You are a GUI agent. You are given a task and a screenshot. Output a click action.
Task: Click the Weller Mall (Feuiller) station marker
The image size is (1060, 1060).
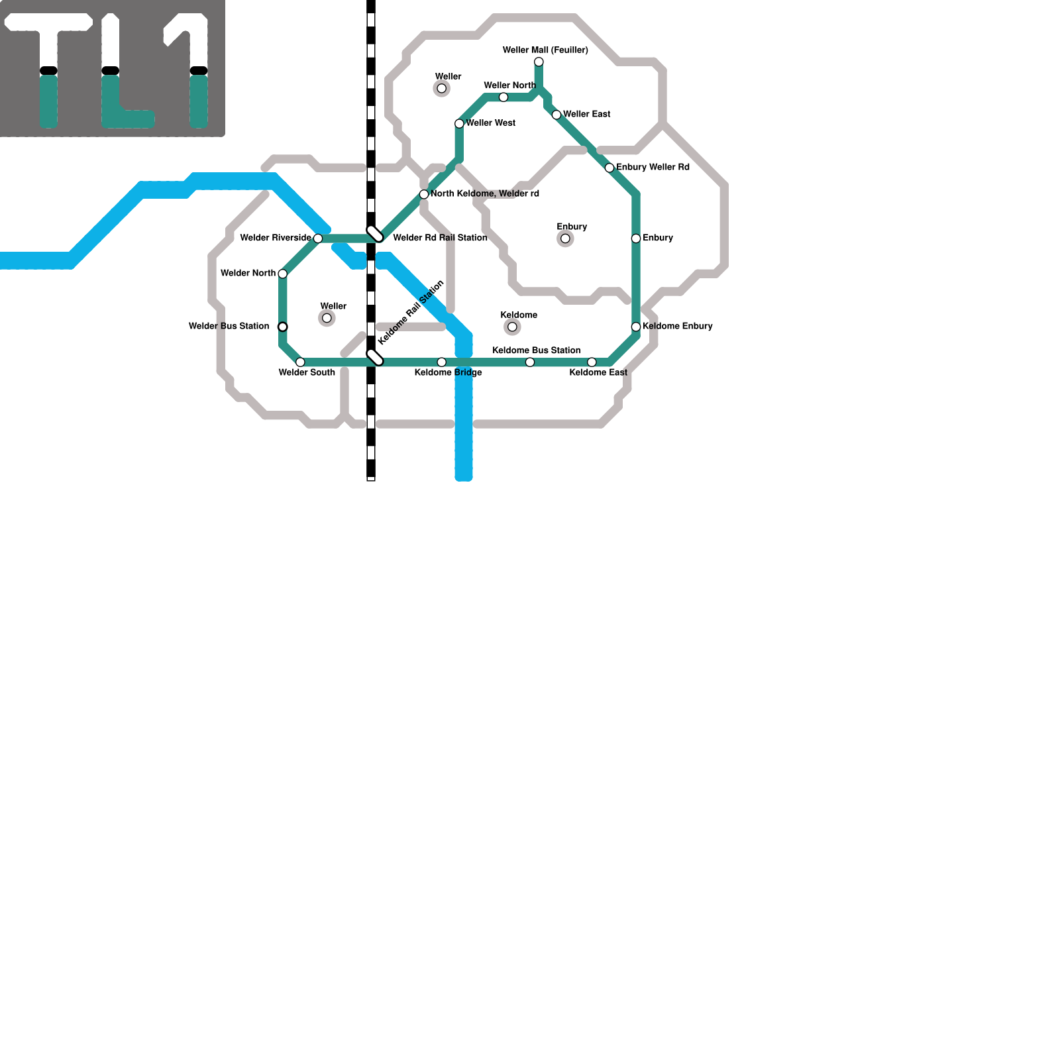[x=539, y=62]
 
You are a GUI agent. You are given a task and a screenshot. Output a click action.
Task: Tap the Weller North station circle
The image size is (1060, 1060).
[x=503, y=97]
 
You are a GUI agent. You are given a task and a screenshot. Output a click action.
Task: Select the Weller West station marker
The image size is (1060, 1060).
[x=459, y=124]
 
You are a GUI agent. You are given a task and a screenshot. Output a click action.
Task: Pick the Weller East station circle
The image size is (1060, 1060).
[x=556, y=115]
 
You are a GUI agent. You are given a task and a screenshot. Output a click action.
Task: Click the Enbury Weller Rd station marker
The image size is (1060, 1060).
[x=609, y=168]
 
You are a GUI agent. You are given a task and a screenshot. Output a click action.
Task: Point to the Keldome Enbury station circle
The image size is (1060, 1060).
[x=636, y=327]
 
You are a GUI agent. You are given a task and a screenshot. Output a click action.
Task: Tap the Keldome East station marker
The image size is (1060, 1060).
[x=592, y=362]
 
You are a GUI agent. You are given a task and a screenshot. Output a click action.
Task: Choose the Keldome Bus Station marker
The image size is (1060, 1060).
[x=530, y=362]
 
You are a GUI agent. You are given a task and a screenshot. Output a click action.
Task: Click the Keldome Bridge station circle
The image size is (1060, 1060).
[x=442, y=362]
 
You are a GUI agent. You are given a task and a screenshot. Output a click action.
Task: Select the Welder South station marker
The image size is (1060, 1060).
[x=300, y=362]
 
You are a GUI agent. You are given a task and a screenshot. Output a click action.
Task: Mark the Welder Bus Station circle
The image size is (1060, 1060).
[x=283, y=327]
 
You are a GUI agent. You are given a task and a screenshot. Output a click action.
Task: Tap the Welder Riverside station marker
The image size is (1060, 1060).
[x=318, y=238]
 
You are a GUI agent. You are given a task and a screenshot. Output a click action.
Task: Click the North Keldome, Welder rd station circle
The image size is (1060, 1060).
[x=424, y=194]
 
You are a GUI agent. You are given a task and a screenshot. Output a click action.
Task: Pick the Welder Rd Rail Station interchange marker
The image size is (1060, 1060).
[x=375, y=233]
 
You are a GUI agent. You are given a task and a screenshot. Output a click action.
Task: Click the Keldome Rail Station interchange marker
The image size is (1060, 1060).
[x=375, y=357]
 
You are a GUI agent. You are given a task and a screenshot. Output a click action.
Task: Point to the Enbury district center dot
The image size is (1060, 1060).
[x=565, y=238]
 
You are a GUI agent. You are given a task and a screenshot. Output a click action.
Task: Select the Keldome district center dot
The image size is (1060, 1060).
[x=512, y=327]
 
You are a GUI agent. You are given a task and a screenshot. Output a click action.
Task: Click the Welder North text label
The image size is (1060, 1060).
[x=248, y=273]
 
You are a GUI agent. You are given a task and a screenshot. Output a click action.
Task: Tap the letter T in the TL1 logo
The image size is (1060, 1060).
[x=48, y=66]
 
